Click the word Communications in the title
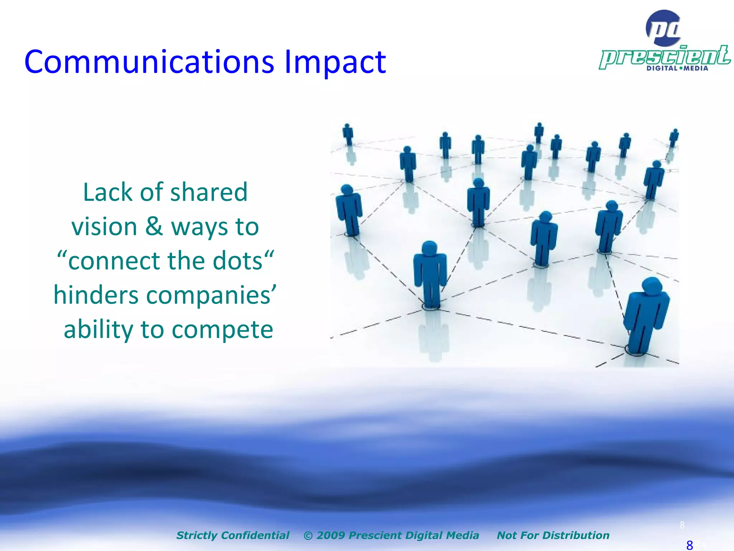(149, 62)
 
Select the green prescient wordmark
(665, 57)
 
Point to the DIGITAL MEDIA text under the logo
(677, 68)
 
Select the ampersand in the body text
(154, 227)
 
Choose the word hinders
(96, 295)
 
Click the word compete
(222, 329)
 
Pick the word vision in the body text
(104, 227)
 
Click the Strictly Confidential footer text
(233, 535)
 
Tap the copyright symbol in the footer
(308, 536)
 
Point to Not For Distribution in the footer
(553, 535)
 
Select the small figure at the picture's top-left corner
(348, 134)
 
